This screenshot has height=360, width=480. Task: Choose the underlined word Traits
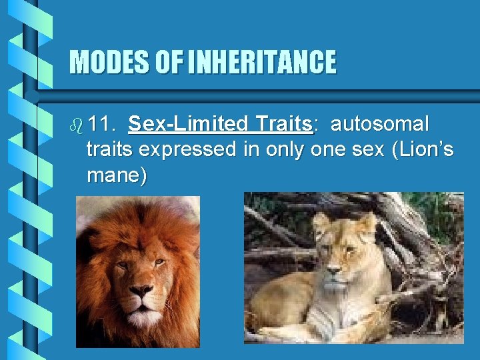282,125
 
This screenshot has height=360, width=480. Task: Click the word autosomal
380,125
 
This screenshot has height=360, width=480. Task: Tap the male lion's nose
141,292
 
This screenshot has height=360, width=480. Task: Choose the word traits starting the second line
109,150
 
